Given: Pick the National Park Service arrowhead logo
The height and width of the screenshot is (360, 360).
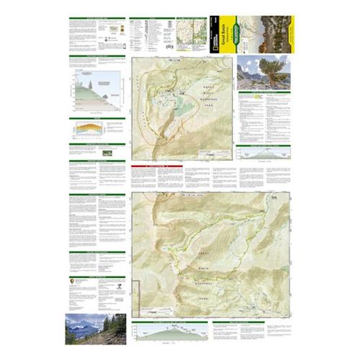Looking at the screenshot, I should point(74,284).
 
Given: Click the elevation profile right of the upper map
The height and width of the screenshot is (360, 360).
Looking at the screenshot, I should point(263,154).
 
